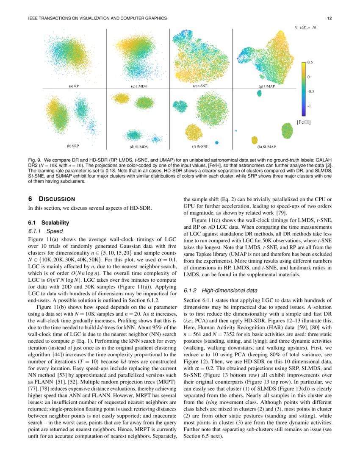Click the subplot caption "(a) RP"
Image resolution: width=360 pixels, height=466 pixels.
[74, 86]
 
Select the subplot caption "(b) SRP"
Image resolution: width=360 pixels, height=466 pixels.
[73, 146]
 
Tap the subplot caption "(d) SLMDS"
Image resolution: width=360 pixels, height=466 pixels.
[138, 147]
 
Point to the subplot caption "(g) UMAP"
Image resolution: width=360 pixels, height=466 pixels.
[267, 86]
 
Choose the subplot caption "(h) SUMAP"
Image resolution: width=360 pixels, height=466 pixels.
[267, 147]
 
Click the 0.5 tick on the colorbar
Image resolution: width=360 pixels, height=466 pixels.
[310, 63]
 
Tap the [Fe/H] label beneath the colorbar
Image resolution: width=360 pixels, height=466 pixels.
[303, 123]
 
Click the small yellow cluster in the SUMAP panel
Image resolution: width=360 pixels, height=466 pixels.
[255, 140]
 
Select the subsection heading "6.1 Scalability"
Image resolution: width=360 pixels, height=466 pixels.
[48, 223]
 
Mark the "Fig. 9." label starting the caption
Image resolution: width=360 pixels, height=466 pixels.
[35, 161]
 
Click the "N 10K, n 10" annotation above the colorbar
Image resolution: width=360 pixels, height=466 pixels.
[305, 27]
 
